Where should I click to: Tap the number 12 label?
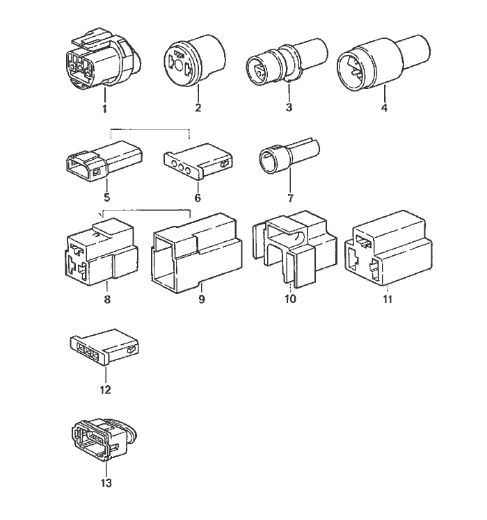[105, 390]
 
